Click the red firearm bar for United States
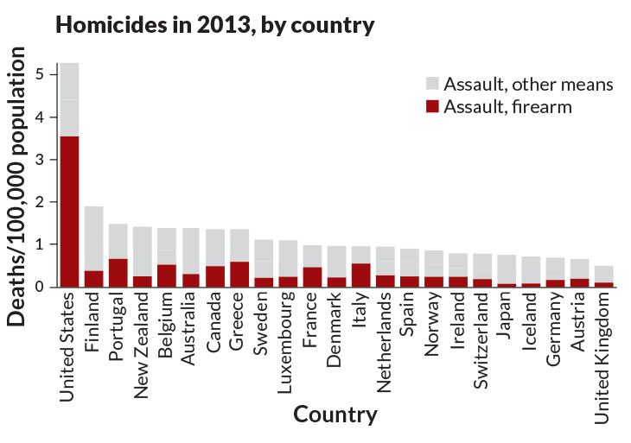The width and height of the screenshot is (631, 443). coord(69,212)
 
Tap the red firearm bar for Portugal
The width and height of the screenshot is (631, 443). coord(118,273)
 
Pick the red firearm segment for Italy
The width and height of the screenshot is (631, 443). coord(361,275)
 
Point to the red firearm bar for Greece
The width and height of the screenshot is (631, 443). coord(239,275)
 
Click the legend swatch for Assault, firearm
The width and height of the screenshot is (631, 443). coord(432,107)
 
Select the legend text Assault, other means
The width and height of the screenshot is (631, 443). coord(527,85)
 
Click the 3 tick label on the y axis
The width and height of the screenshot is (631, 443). coord(40,160)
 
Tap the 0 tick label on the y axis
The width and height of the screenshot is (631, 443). coord(40,287)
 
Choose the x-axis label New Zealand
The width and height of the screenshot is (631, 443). coord(143,345)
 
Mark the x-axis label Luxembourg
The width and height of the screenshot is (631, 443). coord(289,345)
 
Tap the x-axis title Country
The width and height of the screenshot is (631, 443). coord(335,415)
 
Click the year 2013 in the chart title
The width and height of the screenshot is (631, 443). coord(205,25)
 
